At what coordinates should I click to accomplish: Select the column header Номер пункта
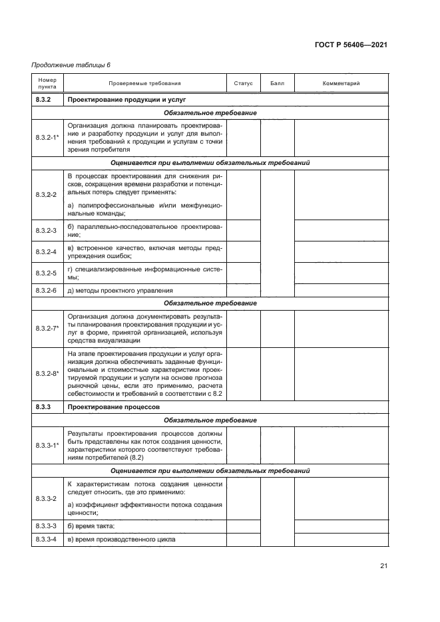[47, 84]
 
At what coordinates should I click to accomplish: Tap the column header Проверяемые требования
[144, 84]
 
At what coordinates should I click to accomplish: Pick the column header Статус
[244, 84]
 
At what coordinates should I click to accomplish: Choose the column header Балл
[277, 84]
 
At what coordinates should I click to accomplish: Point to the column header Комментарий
[341, 84]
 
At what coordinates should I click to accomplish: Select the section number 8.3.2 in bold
[44, 100]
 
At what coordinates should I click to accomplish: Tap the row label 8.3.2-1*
[47, 136]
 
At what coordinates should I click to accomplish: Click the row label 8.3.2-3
[45, 230]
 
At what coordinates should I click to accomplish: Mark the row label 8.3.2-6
[45, 290]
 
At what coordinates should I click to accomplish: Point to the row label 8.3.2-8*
[47, 374]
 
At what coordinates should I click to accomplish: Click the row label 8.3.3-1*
[47, 444]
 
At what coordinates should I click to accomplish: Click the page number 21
[383, 567]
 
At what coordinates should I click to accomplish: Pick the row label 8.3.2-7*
[47, 328]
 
